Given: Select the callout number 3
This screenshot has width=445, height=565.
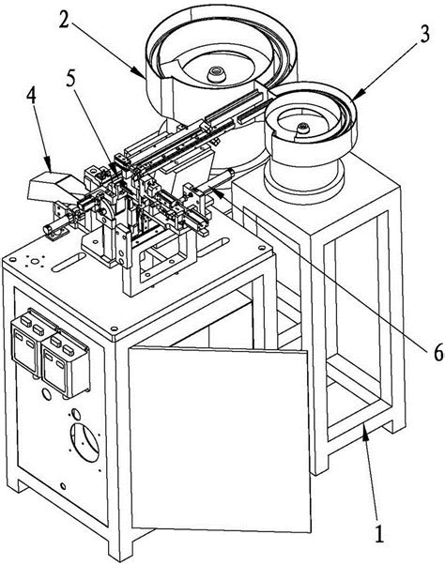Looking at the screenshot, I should pos(424,34).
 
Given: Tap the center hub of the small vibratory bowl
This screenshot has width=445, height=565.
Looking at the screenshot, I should pos(303,127).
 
